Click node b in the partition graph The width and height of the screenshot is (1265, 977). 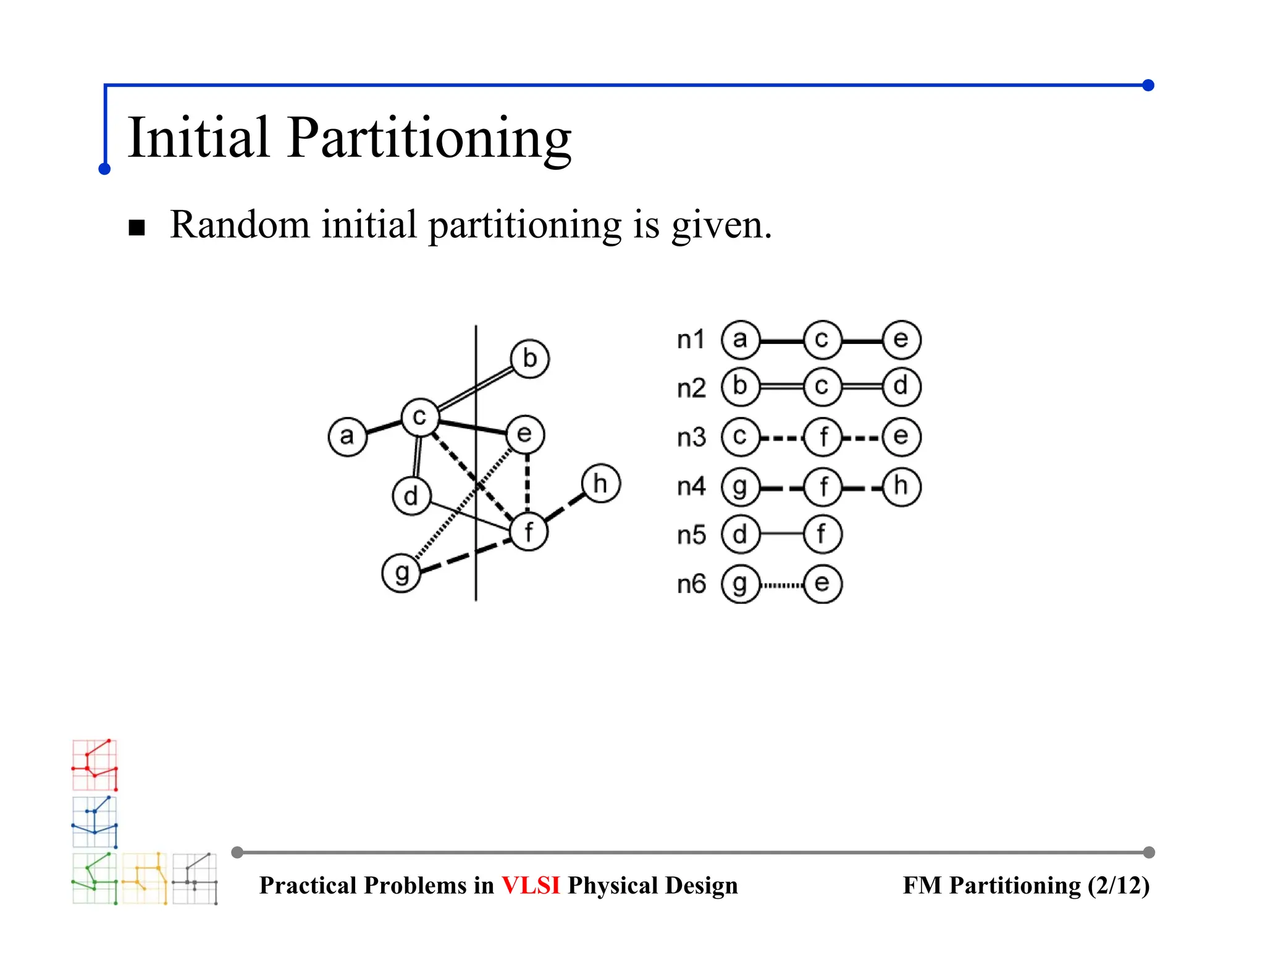click(x=529, y=359)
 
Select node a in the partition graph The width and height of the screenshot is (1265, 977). click(x=347, y=436)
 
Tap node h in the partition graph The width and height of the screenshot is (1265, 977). click(x=600, y=484)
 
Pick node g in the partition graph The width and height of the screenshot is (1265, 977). click(x=401, y=573)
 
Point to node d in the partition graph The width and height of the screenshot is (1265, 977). click(x=411, y=495)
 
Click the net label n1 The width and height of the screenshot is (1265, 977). click(x=691, y=340)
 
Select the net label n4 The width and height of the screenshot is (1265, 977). click(x=691, y=487)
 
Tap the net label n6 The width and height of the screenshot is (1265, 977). click(x=691, y=584)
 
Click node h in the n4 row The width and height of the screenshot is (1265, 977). click(x=901, y=487)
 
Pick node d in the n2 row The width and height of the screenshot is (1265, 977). click(x=901, y=387)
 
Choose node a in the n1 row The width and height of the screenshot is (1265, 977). click(x=740, y=340)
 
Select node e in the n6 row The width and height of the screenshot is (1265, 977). click(x=822, y=584)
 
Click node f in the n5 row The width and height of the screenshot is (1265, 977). click(x=822, y=535)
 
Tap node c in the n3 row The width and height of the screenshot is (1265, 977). click(x=740, y=437)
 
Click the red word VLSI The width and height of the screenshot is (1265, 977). click(x=531, y=886)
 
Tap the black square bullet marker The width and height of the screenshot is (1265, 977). click(x=137, y=228)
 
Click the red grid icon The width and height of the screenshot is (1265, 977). click(x=95, y=765)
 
